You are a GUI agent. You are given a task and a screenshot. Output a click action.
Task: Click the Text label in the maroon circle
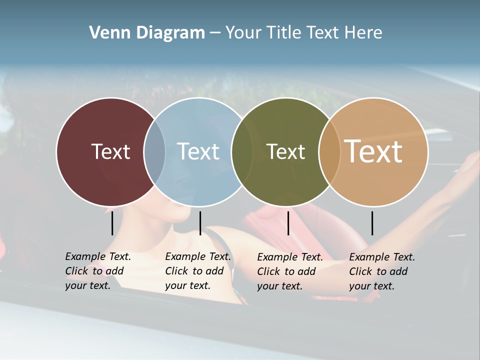coord(110,151)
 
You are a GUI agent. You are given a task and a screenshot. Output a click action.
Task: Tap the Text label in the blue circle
coord(198,151)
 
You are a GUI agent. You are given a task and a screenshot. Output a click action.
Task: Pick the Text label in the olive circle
coord(285,151)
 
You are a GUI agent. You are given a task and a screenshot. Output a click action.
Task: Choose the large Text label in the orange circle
coord(373,151)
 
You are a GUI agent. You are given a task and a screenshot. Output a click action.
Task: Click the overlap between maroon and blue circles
coord(154,152)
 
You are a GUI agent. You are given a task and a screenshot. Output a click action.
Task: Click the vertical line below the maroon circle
coord(112,223)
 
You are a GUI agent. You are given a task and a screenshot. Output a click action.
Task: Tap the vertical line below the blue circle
coord(200,223)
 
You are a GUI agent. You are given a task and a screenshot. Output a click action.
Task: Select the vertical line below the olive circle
coord(288,223)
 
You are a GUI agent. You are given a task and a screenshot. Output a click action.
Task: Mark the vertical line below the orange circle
coord(372,223)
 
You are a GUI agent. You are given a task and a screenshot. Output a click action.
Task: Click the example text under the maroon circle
coord(97,271)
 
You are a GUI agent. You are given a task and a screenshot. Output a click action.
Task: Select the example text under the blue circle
coord(197,271)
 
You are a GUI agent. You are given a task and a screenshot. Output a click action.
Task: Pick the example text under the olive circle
coord(289,271)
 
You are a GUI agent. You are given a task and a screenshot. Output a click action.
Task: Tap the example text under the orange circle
coord(381,271)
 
